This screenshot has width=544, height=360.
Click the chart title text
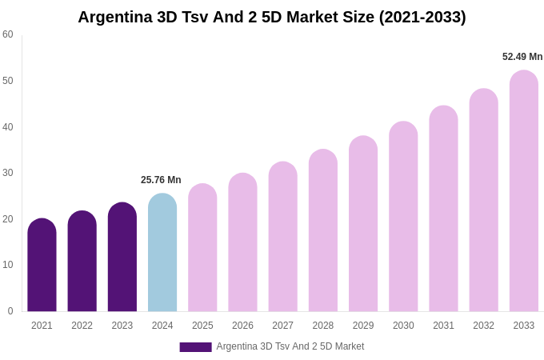[x=271, y=17]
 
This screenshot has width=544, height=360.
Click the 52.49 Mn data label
[x=522, y=57]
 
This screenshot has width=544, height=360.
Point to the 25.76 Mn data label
[x=161, y=180]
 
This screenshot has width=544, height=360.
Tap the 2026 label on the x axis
[x=242, y=326]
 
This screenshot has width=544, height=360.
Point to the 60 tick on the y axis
[x=8, y=34]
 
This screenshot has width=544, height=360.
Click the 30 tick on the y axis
[x=8, y=173]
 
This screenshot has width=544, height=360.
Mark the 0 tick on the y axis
[x=10, y=311]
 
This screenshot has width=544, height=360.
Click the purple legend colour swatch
[x=195, y=347]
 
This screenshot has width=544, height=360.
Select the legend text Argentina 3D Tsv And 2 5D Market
[x=290, y=346]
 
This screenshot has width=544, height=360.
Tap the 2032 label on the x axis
[x=483, y=326]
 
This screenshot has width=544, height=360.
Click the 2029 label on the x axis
[x=363, y=326]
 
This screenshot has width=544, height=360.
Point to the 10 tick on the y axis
[x=8, y=265]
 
